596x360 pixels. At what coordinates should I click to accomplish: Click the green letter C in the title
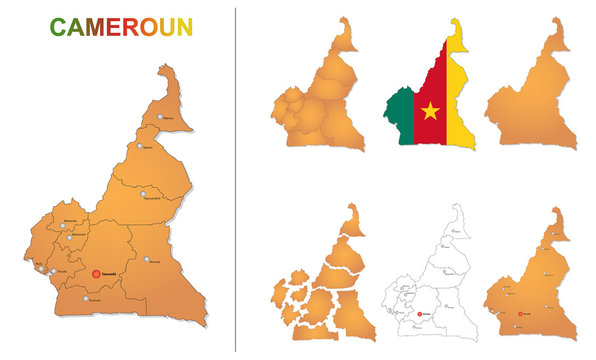point(60,26)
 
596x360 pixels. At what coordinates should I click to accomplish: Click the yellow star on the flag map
point(431,110)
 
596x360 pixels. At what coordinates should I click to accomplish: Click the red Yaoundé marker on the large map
point(96,273)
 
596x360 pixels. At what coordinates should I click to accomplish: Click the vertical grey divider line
point(236,180)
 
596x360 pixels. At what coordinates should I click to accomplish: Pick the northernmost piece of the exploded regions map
point(351,220)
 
